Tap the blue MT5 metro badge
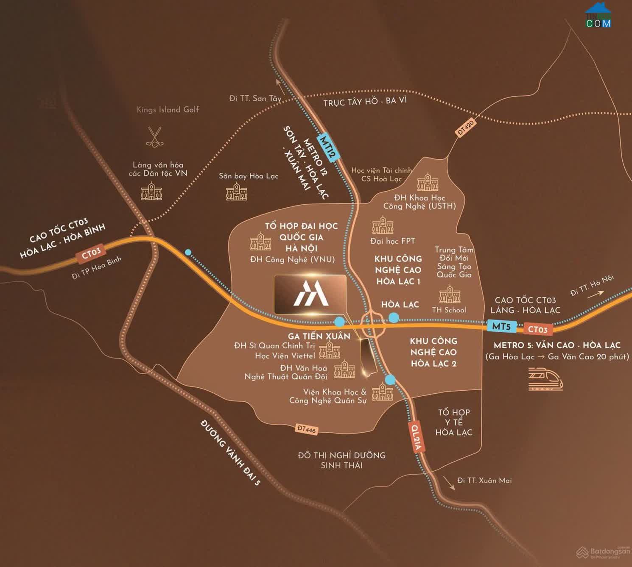[x=501, y=327]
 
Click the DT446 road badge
[x=307, y=429]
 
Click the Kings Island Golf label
[x=168, y=110]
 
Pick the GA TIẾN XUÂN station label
[x=319, y=336]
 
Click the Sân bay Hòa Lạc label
[x=249, y=176]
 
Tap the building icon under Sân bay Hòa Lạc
[x=236, y=193]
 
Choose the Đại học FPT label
[x=392, y=241]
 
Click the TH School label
[x=449, y=310]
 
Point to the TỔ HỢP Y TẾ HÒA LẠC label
[x=453, y=422]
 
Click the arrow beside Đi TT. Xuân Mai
[x=449, y=483]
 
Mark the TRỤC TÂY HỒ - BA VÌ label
[x=365, y=102]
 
